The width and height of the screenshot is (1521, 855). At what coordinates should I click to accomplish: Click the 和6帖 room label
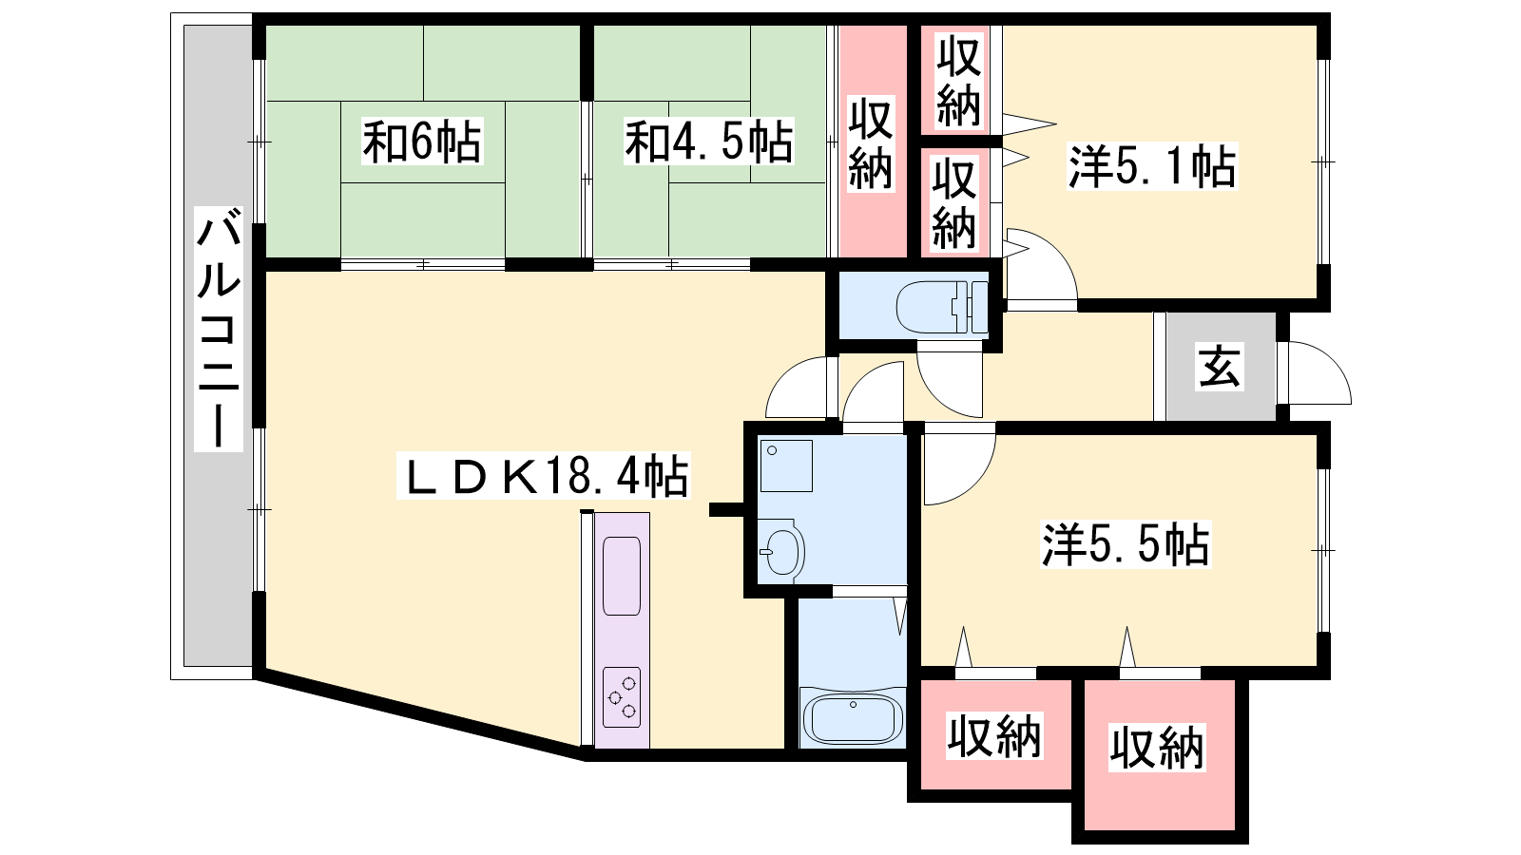(x=422, y=142)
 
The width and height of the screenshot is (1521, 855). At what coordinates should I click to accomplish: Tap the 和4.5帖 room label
(x=709, y=142)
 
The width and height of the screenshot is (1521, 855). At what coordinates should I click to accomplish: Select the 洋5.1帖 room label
(x=1152, y=165)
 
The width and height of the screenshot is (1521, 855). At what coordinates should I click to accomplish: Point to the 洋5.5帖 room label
(x=1126, y=543)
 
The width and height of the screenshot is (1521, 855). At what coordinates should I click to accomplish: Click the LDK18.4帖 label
(x=543, y=476)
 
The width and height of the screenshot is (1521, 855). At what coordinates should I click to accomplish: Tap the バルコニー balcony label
(x=219, y=329)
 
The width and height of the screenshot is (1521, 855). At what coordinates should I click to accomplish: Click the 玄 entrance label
(x=1220, y=367)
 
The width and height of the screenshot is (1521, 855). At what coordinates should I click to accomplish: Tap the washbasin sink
(x=780, y=550)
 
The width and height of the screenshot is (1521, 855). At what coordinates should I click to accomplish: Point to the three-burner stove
(x=622, y=697)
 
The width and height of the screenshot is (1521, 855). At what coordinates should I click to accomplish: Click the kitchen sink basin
(x=622, y=576)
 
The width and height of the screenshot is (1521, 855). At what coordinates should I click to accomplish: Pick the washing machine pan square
(x=786, y=465)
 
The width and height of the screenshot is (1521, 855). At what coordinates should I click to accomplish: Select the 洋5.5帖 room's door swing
(x=976, y=485)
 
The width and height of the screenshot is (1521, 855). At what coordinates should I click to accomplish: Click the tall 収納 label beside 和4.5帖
(x=871, y=142)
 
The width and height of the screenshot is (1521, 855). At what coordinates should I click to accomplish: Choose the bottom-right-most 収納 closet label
(x=1157, y=748)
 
